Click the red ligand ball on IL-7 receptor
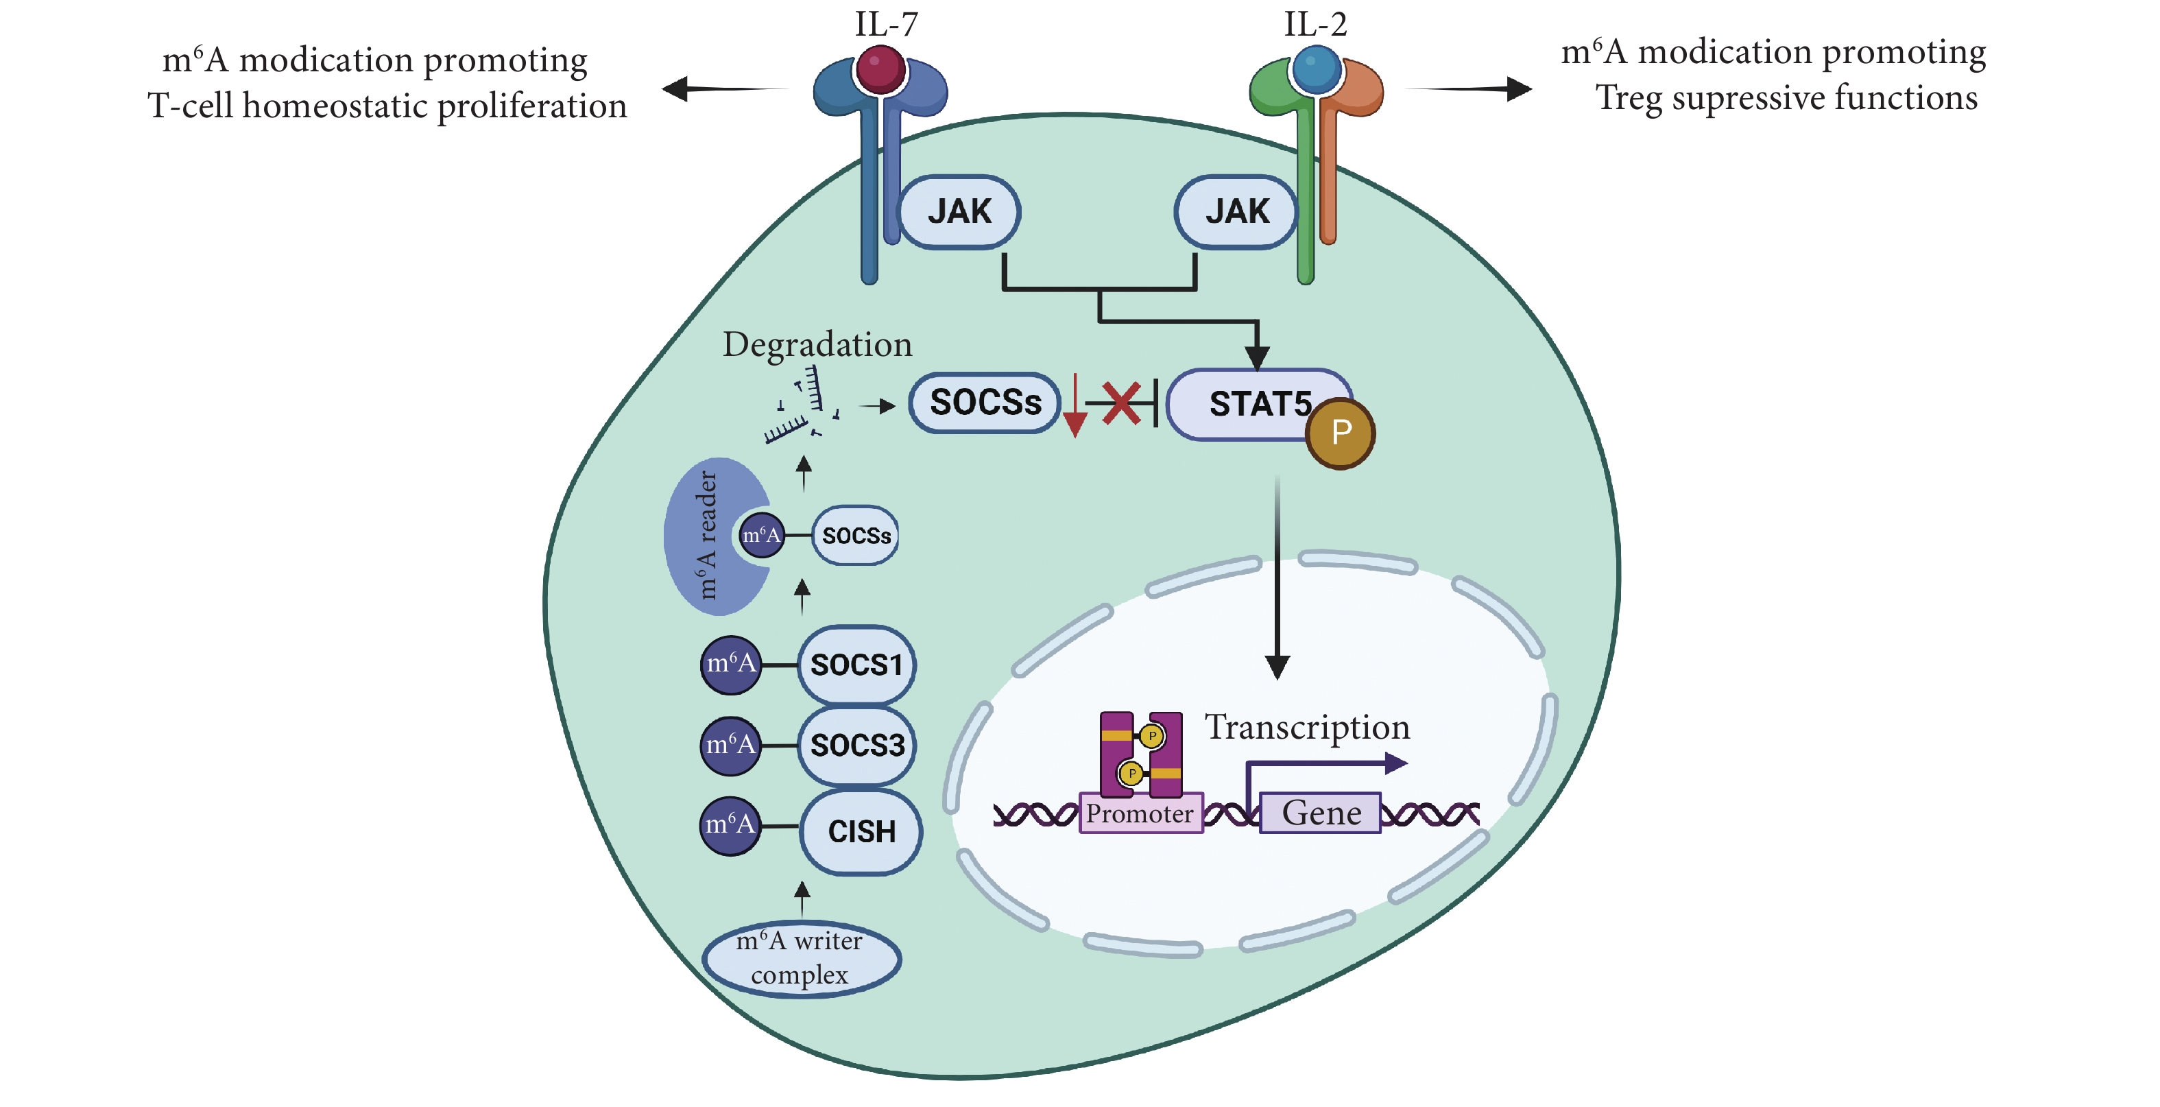tap(880, 69)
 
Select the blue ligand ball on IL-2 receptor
tap(1317, 69)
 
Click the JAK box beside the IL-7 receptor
tap(959, 211)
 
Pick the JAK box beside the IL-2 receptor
tap(1236, 211)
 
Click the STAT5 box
tap(1258, 404)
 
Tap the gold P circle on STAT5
tap(1340, 433)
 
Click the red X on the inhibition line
tap(1121, 403)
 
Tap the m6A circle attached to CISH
tap(730, 825)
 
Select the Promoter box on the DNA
tap(1140, 813)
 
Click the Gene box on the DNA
tap(1321, 813)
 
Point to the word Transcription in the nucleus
tap(1306, 726)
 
